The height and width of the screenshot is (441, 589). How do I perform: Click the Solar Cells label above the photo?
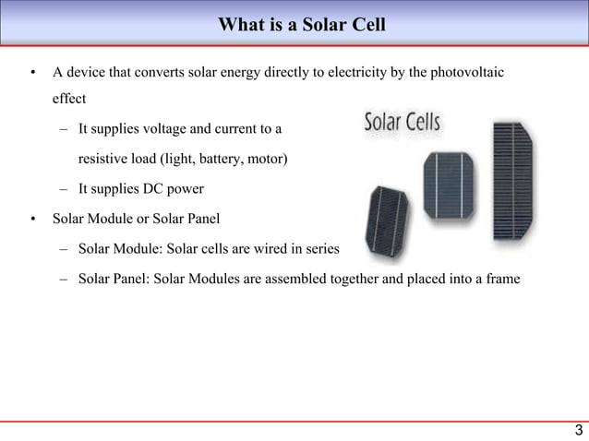403,123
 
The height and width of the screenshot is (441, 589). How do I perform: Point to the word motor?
266,160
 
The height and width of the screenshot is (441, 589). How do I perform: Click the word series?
322,249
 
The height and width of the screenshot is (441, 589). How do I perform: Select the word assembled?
299,279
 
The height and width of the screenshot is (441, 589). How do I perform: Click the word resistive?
103,160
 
